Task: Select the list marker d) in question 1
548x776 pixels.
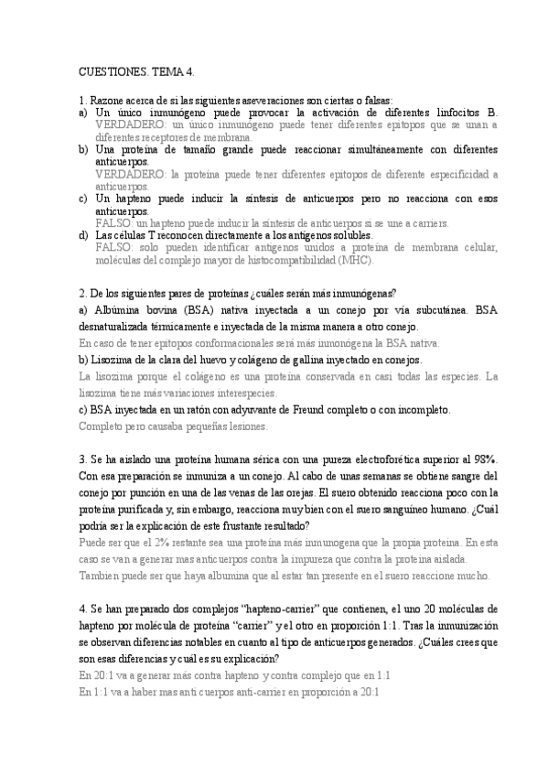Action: pyautogui.click(x=83, y=234)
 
